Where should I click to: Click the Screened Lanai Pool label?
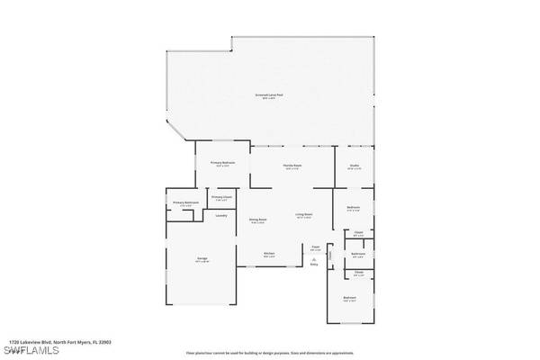(x=269, y=94)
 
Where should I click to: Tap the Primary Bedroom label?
(x=222, y=164)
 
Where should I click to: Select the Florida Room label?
(x=292, y=166)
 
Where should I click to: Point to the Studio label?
(x=354, y=166)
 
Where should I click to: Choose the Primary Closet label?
(x=221, y=197)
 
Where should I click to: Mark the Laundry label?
(x=221, y=215)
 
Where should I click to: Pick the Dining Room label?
(x=257, y=220)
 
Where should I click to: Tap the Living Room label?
(x=303, y=216)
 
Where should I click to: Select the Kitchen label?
(x=268, y=254)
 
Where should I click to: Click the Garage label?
(x=202, y=259)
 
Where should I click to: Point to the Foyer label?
(x=316, y=247)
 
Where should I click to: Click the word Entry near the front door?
(x=314, y=265)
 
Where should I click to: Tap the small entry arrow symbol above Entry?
(x=314, y=258)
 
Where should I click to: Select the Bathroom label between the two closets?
(x=358, y=255)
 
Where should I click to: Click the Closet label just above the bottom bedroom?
(x=358, y=272)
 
